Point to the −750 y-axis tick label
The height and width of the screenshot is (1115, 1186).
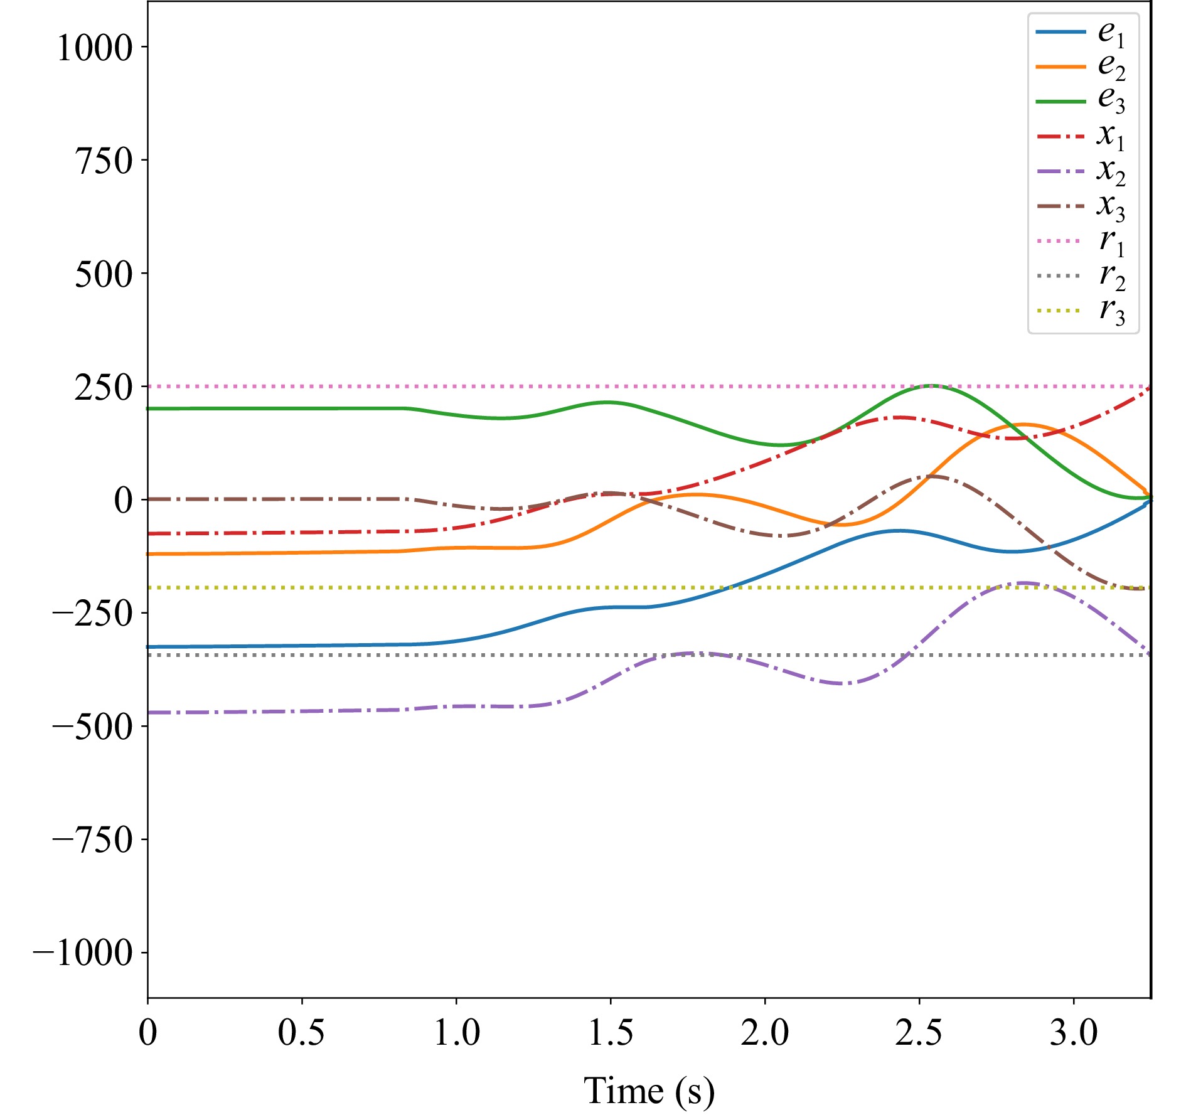click(92, 840)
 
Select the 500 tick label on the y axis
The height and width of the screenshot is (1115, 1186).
click(104, 274)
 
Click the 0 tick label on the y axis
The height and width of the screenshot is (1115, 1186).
click(123, 500)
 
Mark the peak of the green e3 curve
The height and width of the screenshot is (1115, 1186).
click(933, 385)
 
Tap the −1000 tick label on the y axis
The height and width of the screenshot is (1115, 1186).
click(83, 953)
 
